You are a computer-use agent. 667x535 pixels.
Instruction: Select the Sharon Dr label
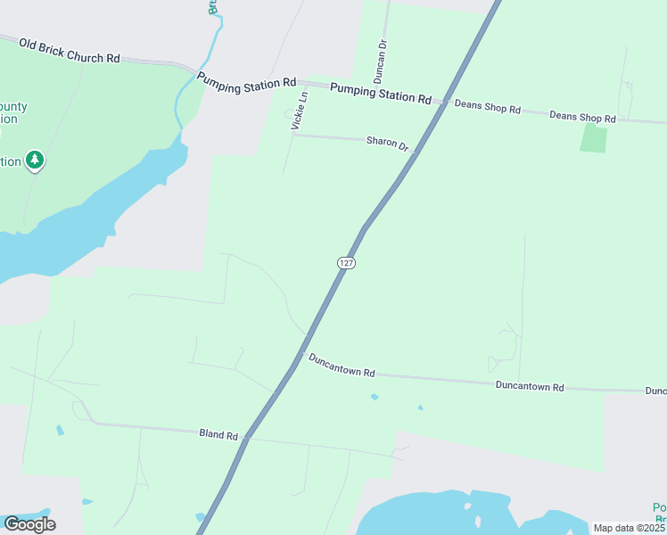387,143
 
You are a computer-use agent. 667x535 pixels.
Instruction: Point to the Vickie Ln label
301,111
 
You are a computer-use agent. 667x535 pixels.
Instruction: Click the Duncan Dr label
382,56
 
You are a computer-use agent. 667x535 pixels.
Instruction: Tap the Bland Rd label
218,434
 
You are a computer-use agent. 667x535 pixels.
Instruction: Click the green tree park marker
35,160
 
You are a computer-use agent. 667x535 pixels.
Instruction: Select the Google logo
29,524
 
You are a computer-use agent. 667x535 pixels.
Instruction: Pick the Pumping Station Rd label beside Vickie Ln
246,79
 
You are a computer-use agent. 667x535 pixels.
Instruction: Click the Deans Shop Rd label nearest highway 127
487,107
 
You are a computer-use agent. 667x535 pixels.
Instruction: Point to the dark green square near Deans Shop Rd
593,138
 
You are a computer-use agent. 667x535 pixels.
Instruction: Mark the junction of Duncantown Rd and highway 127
303,354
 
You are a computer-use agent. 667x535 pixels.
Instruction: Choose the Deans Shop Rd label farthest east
582,117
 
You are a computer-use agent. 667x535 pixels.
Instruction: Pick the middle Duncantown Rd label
530,386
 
